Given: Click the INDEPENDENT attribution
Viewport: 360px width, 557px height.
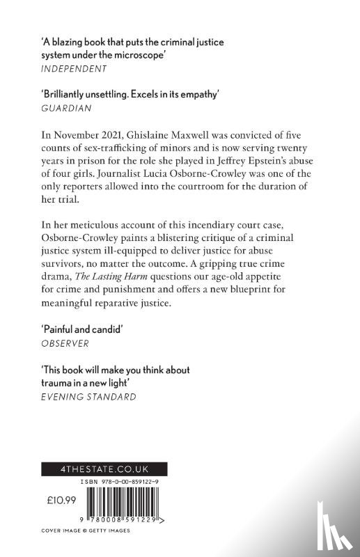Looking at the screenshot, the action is click(73, 68).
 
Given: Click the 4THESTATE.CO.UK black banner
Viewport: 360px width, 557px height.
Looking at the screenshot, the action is click(95, 469).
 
